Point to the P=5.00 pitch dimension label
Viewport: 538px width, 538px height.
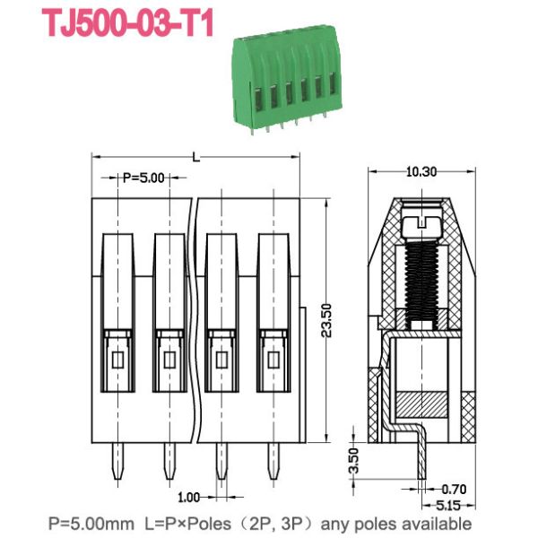click(x=143, y=178)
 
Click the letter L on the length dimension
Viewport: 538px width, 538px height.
click(x=195, y=157)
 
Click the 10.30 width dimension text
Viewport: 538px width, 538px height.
click(x=419, y=171)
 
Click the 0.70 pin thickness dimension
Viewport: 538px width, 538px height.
click(x=456, y=490)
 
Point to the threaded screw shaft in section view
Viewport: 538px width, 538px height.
click(x=420, y=274)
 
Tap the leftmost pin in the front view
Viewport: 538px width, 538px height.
click(x=117, y=461)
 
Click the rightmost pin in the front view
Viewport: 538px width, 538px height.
click(x=273, y=461)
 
